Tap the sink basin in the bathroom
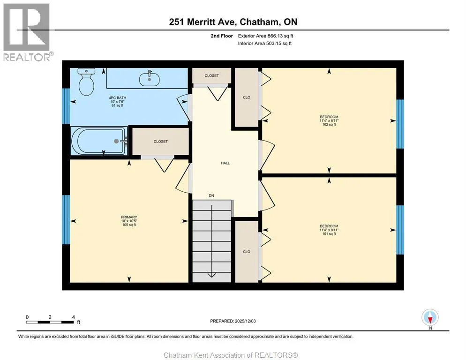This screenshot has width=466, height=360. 149,79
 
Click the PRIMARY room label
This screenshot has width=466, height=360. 129,217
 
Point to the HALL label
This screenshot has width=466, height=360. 225,163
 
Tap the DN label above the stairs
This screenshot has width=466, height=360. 211,195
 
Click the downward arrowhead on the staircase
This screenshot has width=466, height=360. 211,275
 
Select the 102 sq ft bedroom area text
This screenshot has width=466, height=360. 329,125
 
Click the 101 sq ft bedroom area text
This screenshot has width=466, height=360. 329,233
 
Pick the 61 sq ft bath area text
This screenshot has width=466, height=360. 117,105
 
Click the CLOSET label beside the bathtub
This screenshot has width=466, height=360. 160,142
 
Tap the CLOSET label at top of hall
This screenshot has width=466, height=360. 211,76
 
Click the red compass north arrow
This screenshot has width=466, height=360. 430,320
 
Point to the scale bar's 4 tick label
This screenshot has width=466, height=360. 74,317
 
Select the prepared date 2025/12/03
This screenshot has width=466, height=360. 245,321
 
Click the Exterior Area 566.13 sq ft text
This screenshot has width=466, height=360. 265,36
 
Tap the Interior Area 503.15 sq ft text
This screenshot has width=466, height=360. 264,44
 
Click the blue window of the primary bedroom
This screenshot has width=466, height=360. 66,220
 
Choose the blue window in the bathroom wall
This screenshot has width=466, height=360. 66,106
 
